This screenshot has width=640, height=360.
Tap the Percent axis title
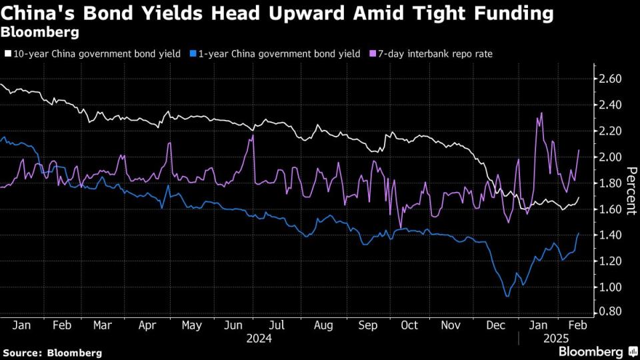[x=630, y=186]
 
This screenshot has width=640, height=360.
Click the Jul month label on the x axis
[x=278, y=325]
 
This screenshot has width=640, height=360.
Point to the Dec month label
[x=495, y=325]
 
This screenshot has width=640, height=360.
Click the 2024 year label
[x=259, y=338]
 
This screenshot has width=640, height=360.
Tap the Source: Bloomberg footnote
[x=53, y=352]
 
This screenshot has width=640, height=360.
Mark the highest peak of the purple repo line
[x=541, y=113]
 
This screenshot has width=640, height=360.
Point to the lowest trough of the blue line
[x=507, y=295]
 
